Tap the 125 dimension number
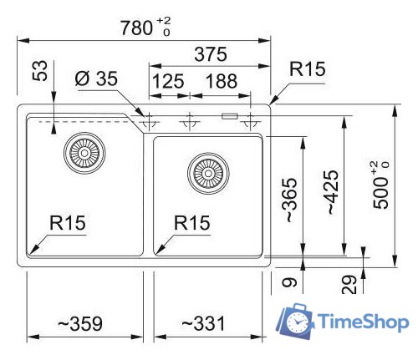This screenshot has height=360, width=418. (x=167, y=82)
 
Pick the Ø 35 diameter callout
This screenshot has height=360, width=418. (x=94, y=81)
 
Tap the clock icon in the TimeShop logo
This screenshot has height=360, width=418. (x=296, y=322)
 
